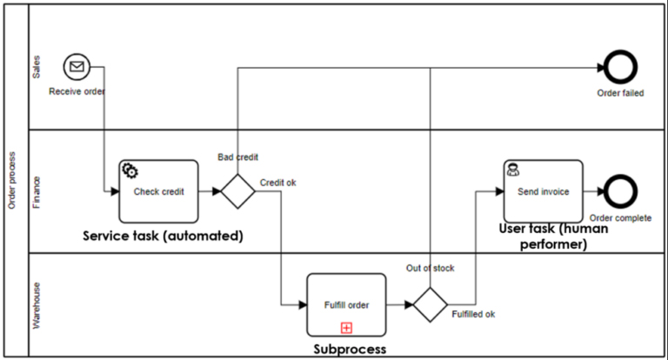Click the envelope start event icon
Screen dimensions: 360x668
click(77, 66)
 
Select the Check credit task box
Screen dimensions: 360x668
click(158, 190)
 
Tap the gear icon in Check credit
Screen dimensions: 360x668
click(131, 170)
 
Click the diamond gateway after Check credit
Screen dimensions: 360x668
click(237, 191)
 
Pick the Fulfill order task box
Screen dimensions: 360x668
click(346, 304)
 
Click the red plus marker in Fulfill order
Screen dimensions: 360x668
click(346, 328)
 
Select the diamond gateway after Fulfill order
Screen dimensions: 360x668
click(430, 304)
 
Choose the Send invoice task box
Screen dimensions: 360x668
click(543, 190)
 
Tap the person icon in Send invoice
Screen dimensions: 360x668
click(513, 170)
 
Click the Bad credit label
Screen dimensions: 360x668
click(237, 157)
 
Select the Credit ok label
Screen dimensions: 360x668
click(278, 183)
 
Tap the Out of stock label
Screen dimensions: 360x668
click(430, 268)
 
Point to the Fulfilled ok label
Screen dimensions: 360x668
click(474, 314)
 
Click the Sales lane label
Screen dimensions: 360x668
click(37, 68)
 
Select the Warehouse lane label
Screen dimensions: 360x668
click(37, 304)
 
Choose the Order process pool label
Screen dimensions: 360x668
click(12, 180)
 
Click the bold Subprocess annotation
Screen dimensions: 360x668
click(349, 350)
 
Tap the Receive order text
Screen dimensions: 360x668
click(77, 90)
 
